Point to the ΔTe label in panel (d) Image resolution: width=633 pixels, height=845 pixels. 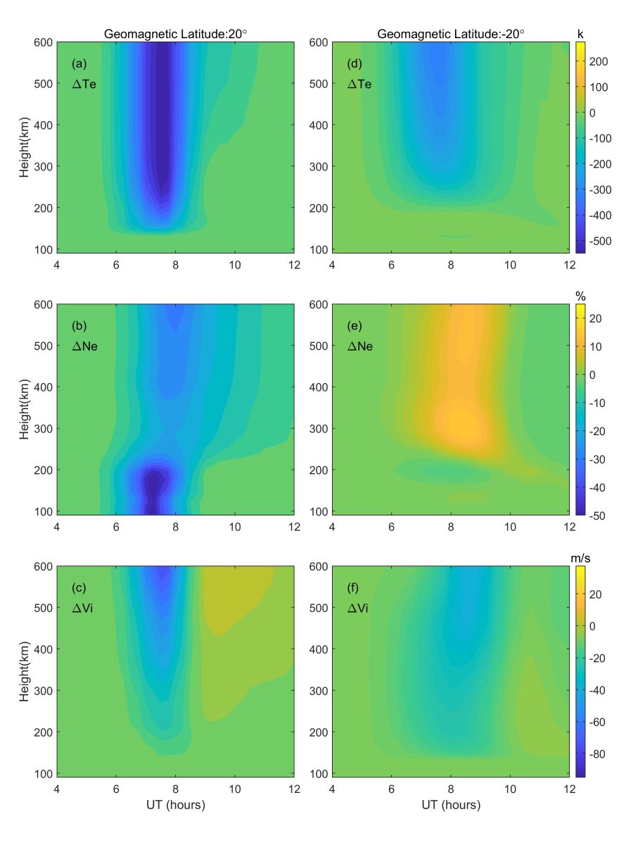tap(360, 84)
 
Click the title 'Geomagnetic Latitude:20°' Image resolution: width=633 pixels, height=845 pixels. tap(176, 33)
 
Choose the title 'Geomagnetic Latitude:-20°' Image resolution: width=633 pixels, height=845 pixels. tap(451, 33)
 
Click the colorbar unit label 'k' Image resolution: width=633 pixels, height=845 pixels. tap(580, 33)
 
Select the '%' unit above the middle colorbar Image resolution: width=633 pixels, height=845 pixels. tap(580, 296)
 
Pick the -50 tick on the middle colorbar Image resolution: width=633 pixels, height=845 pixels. tap(600, 515)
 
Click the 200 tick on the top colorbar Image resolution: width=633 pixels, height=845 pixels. tap(600, 61)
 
